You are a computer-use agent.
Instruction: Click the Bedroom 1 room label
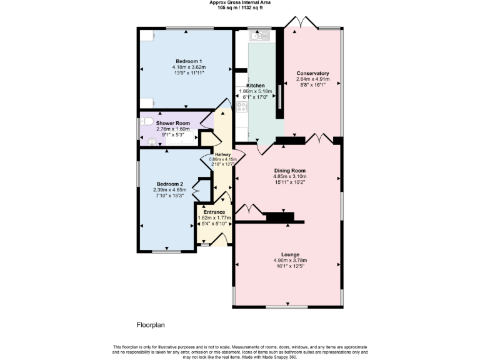pos(189,61)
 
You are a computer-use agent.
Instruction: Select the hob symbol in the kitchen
pos(242,106)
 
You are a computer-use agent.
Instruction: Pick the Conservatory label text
pos(312,73)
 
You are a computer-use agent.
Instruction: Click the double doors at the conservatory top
pos(299,23)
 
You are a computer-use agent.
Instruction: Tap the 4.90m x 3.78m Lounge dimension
pos(290,261)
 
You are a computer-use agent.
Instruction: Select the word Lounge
pos(290,254)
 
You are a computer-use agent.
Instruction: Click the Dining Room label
pos(290,170)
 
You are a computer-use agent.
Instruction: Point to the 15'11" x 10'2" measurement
pos(290,182)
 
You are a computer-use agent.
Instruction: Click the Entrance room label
pos(214,212)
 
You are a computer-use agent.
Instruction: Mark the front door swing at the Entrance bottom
pos(218,239)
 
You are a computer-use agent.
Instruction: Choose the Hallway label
pos(222,154)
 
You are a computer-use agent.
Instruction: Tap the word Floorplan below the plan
pos(150,325)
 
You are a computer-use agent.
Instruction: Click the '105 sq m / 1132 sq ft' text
pos(240,7)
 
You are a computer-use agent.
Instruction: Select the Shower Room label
pos(172,123)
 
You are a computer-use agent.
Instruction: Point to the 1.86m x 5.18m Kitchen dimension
pos(256,91)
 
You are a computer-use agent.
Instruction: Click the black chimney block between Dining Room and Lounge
pos(280,217)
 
